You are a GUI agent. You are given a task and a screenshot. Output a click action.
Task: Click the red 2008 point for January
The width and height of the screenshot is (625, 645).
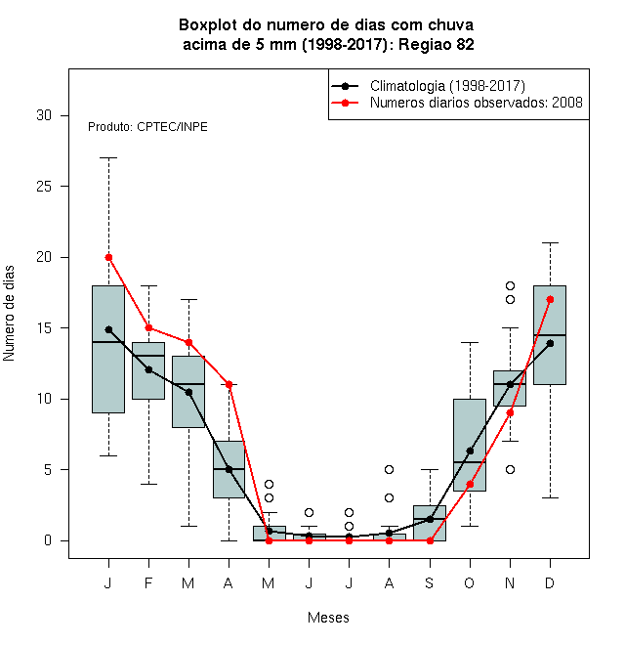[108, 257]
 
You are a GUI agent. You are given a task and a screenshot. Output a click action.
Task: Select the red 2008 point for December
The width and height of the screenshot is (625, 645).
[550, 299]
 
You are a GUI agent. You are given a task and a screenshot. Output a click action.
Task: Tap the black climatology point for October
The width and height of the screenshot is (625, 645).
[470, 451]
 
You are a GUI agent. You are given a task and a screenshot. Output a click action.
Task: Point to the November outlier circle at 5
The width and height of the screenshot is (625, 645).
[511, 469]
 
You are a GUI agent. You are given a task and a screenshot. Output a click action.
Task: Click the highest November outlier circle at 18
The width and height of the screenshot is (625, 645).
[511, 285]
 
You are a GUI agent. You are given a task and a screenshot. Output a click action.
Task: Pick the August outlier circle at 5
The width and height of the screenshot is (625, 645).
[389, 469]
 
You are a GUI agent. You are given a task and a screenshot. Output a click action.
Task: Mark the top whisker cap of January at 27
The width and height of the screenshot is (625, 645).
[108, 157]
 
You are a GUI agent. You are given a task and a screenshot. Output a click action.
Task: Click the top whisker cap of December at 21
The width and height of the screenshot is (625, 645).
[550, 242]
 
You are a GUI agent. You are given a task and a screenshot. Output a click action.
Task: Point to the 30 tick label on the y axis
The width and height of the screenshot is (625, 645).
[44, 115]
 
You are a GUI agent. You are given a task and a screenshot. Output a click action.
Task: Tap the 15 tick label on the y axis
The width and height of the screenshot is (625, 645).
[44, 327]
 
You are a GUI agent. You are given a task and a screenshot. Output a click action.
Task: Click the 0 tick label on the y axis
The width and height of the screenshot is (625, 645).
[48, 540]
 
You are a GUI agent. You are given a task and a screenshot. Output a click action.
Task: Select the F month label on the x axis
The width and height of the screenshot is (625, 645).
[148, 582]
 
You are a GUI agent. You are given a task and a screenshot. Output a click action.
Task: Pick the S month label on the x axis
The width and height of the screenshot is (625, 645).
[430, 582]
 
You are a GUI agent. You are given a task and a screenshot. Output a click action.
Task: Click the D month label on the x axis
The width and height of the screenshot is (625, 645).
[550, 582]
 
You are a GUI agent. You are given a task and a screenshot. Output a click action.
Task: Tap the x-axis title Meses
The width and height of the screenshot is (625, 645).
[328, 618]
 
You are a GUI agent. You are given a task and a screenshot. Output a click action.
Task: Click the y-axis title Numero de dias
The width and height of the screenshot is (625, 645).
[9, 314]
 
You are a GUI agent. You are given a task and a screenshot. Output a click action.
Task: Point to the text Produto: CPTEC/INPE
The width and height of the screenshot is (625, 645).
[147, 127]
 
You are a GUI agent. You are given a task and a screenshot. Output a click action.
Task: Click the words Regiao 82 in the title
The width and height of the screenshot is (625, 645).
[437, 44]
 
